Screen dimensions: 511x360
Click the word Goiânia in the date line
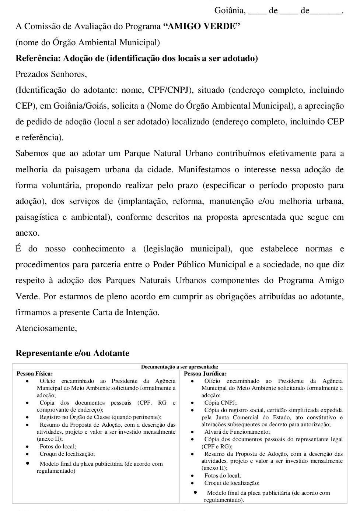(230, 11)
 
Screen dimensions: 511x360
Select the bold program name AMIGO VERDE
(201, 27)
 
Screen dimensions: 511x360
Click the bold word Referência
(38, 58)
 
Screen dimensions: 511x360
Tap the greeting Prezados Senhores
(51, 74)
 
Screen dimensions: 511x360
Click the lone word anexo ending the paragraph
(27, 233)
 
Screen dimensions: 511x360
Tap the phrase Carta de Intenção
(126, 313)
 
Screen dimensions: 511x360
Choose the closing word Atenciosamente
(46, 328)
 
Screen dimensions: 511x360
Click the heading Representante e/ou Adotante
(72, 353)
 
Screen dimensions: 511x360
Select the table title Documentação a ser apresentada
(179, 367)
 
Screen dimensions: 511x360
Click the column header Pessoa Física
(35, 373)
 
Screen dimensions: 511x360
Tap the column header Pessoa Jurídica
(205, 373)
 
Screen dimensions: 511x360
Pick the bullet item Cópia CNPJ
(220, 403)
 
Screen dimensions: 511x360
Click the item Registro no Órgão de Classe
(100, 417)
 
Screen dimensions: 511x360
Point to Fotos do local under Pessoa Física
(58, 447)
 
